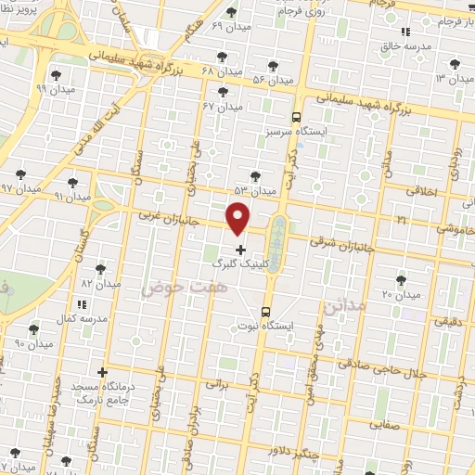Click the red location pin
click(238, 219)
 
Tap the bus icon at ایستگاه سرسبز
click(296, 118)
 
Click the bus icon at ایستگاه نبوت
click(266, 312)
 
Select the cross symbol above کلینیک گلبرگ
click(241, 250)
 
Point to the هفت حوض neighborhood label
click(178, 289)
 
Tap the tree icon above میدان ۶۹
click(231, 12)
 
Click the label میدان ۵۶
click(246, 80)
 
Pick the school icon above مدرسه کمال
click(83, 303)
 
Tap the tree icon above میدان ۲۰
click(401, 280)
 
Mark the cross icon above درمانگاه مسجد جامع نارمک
click(102, 372)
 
